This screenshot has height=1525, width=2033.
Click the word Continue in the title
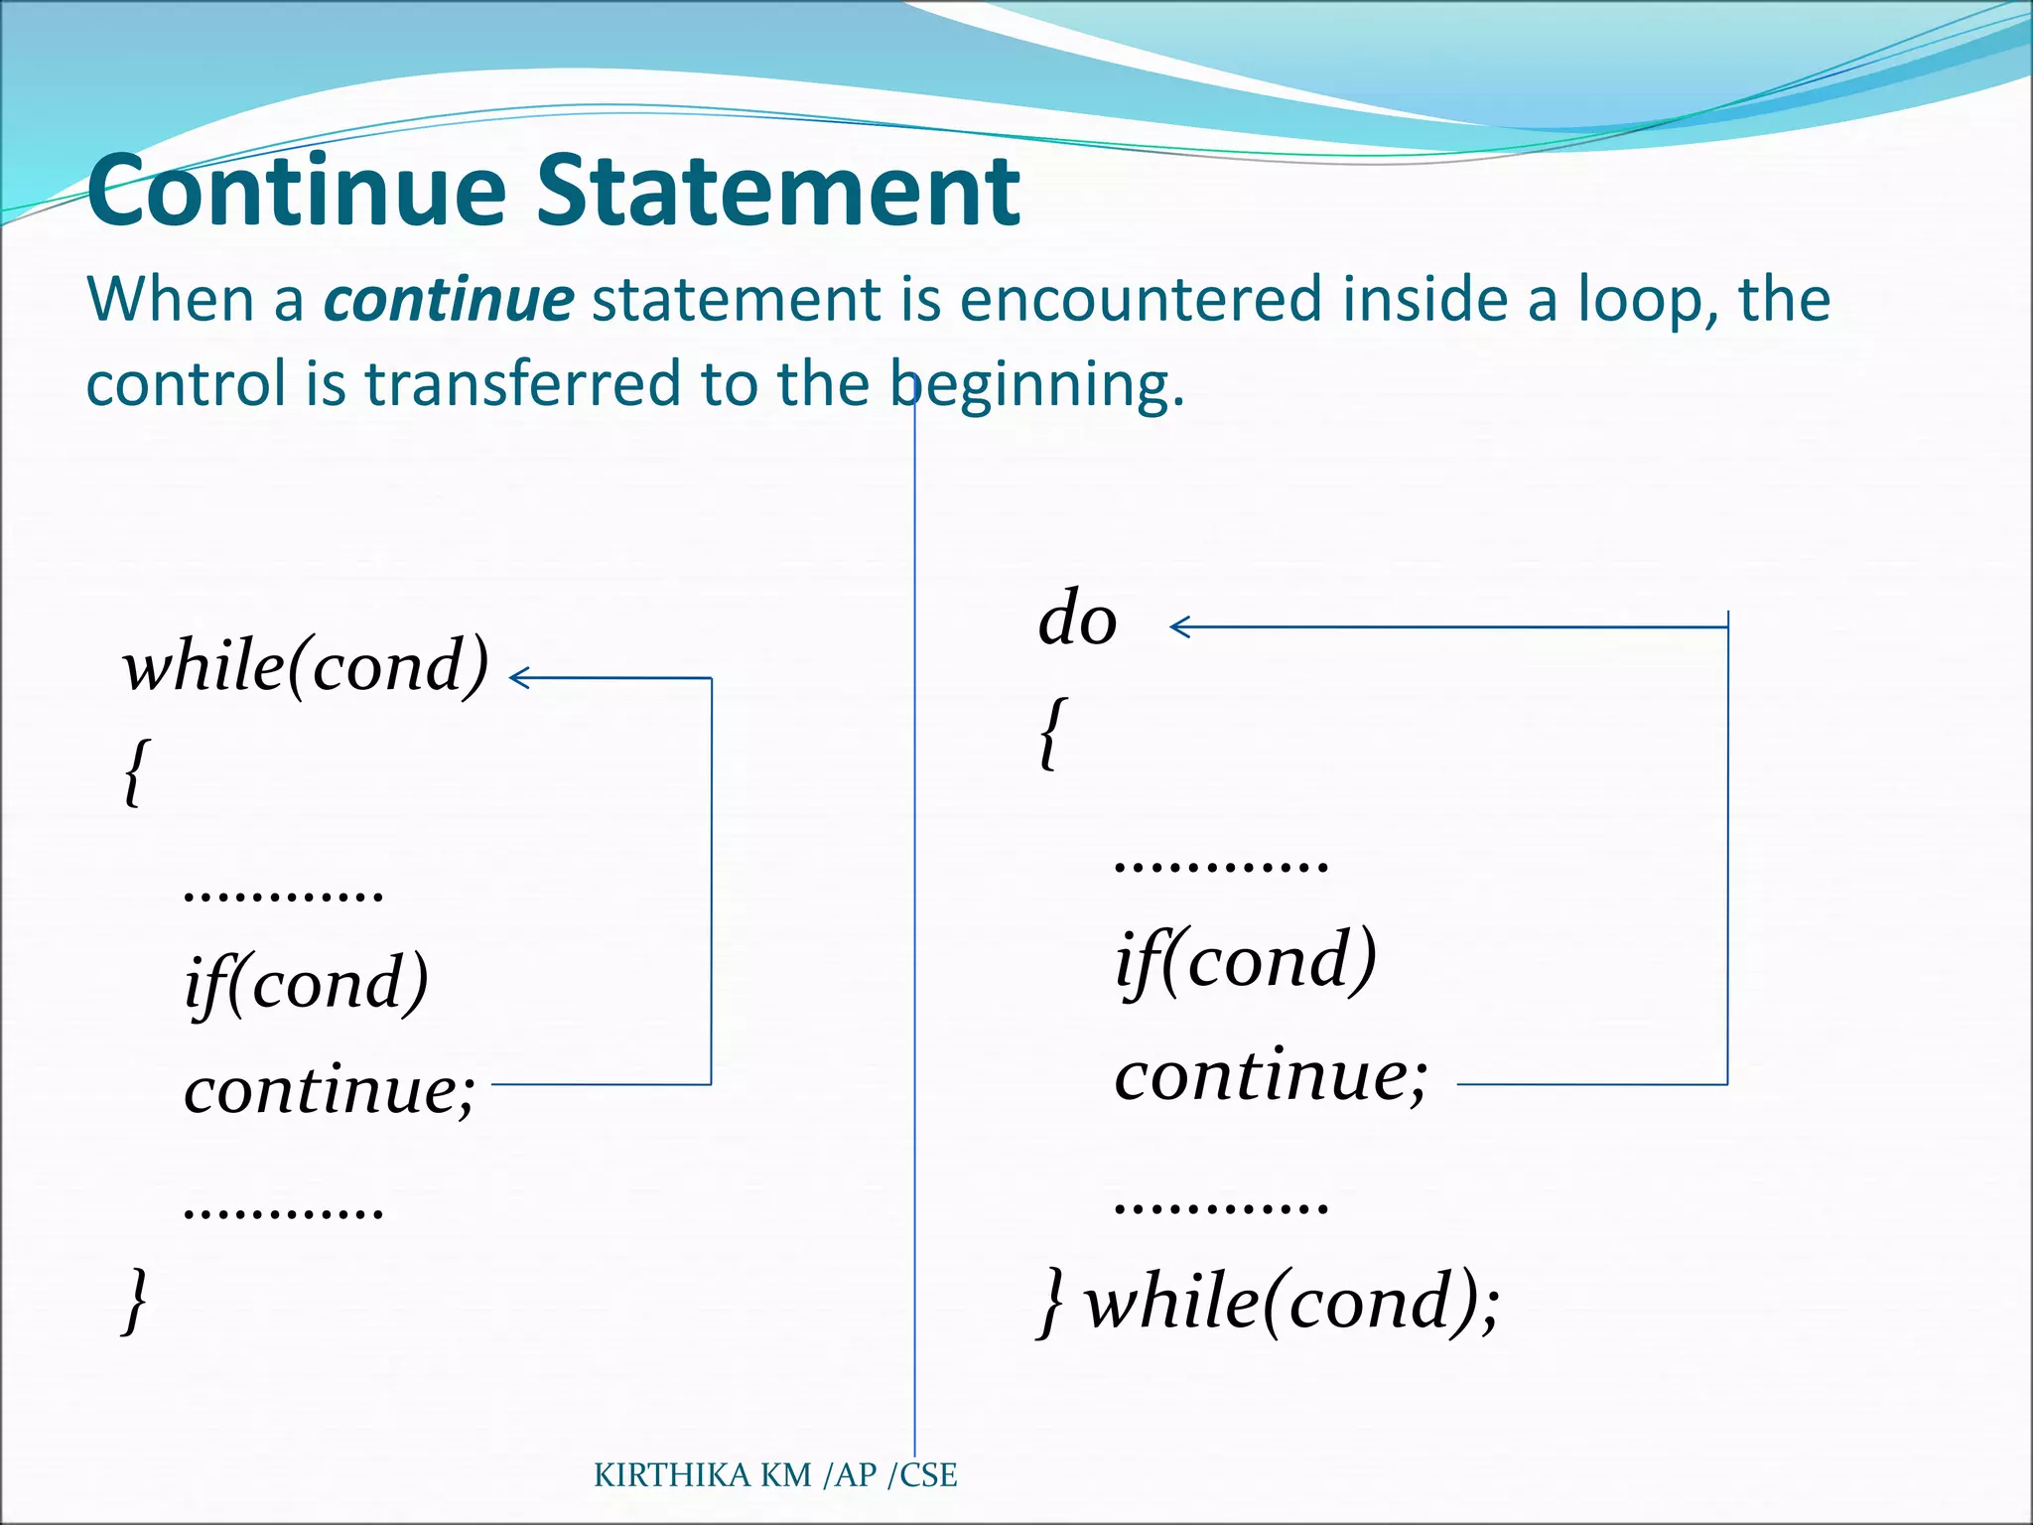coord(296,191)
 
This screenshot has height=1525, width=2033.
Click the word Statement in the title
coord(777,191)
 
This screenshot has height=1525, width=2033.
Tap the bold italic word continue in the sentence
coord(449,299)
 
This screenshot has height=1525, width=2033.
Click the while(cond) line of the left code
coord(306,666)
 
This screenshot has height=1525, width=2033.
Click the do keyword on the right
coord(1077,620)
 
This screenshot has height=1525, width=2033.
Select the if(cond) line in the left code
coord(306,983)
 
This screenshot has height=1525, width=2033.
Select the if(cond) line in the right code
coord(1246,961)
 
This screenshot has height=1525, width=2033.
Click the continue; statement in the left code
coord(330,1090)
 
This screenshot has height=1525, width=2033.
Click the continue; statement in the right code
coord(1271,1075)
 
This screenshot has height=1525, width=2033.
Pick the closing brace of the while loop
coord(135,1300)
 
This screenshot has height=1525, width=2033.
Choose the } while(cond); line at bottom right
coord(1269,1302)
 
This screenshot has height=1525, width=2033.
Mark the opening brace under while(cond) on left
coord(135,772)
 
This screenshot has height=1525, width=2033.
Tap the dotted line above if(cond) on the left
coord(284,895)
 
